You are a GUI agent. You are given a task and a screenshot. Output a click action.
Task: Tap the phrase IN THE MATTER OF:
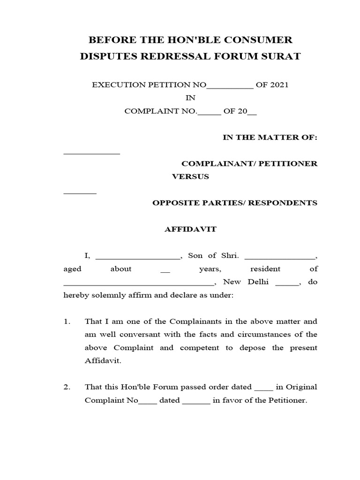[x=270, y=137]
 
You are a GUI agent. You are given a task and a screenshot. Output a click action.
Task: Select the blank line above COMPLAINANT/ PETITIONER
[x=91, y=153]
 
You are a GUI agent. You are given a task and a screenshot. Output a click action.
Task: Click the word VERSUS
[x=190, y=177]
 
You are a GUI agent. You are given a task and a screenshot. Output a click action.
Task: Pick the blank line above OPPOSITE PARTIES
[x=80, y=193]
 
